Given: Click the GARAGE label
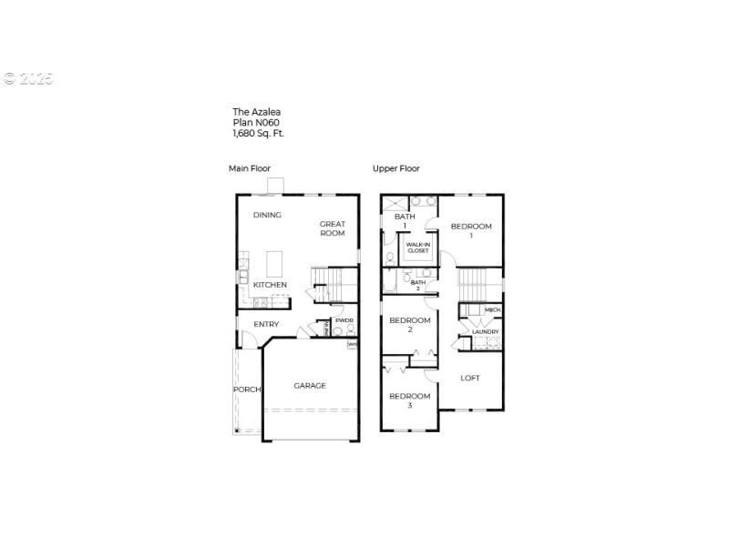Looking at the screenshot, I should pos(310,386).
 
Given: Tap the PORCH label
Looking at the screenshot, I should pos(246,389).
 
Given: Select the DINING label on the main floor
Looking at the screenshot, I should pos(267,216).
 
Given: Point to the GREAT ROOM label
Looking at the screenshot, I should pos(333,228).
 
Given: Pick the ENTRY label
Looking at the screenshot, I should pos(267,325).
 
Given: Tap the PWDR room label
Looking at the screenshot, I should pos(344,320).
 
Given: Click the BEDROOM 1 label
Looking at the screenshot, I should pos(471,230).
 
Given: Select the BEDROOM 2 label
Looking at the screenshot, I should pos(410,325).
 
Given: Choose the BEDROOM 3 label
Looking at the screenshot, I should pos(410,400).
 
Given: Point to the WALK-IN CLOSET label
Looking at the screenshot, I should pos(418,248).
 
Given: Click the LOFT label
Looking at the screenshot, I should pos(470,378).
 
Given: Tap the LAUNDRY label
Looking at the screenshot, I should pos(485,332).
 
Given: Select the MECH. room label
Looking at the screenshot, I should pos(493,310).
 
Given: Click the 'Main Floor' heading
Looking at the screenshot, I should pos(250,168).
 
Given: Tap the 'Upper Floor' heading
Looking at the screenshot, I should pos(396,168).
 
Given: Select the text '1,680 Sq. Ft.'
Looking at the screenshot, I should pos(259,133).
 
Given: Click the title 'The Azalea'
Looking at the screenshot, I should pos(256,112).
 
